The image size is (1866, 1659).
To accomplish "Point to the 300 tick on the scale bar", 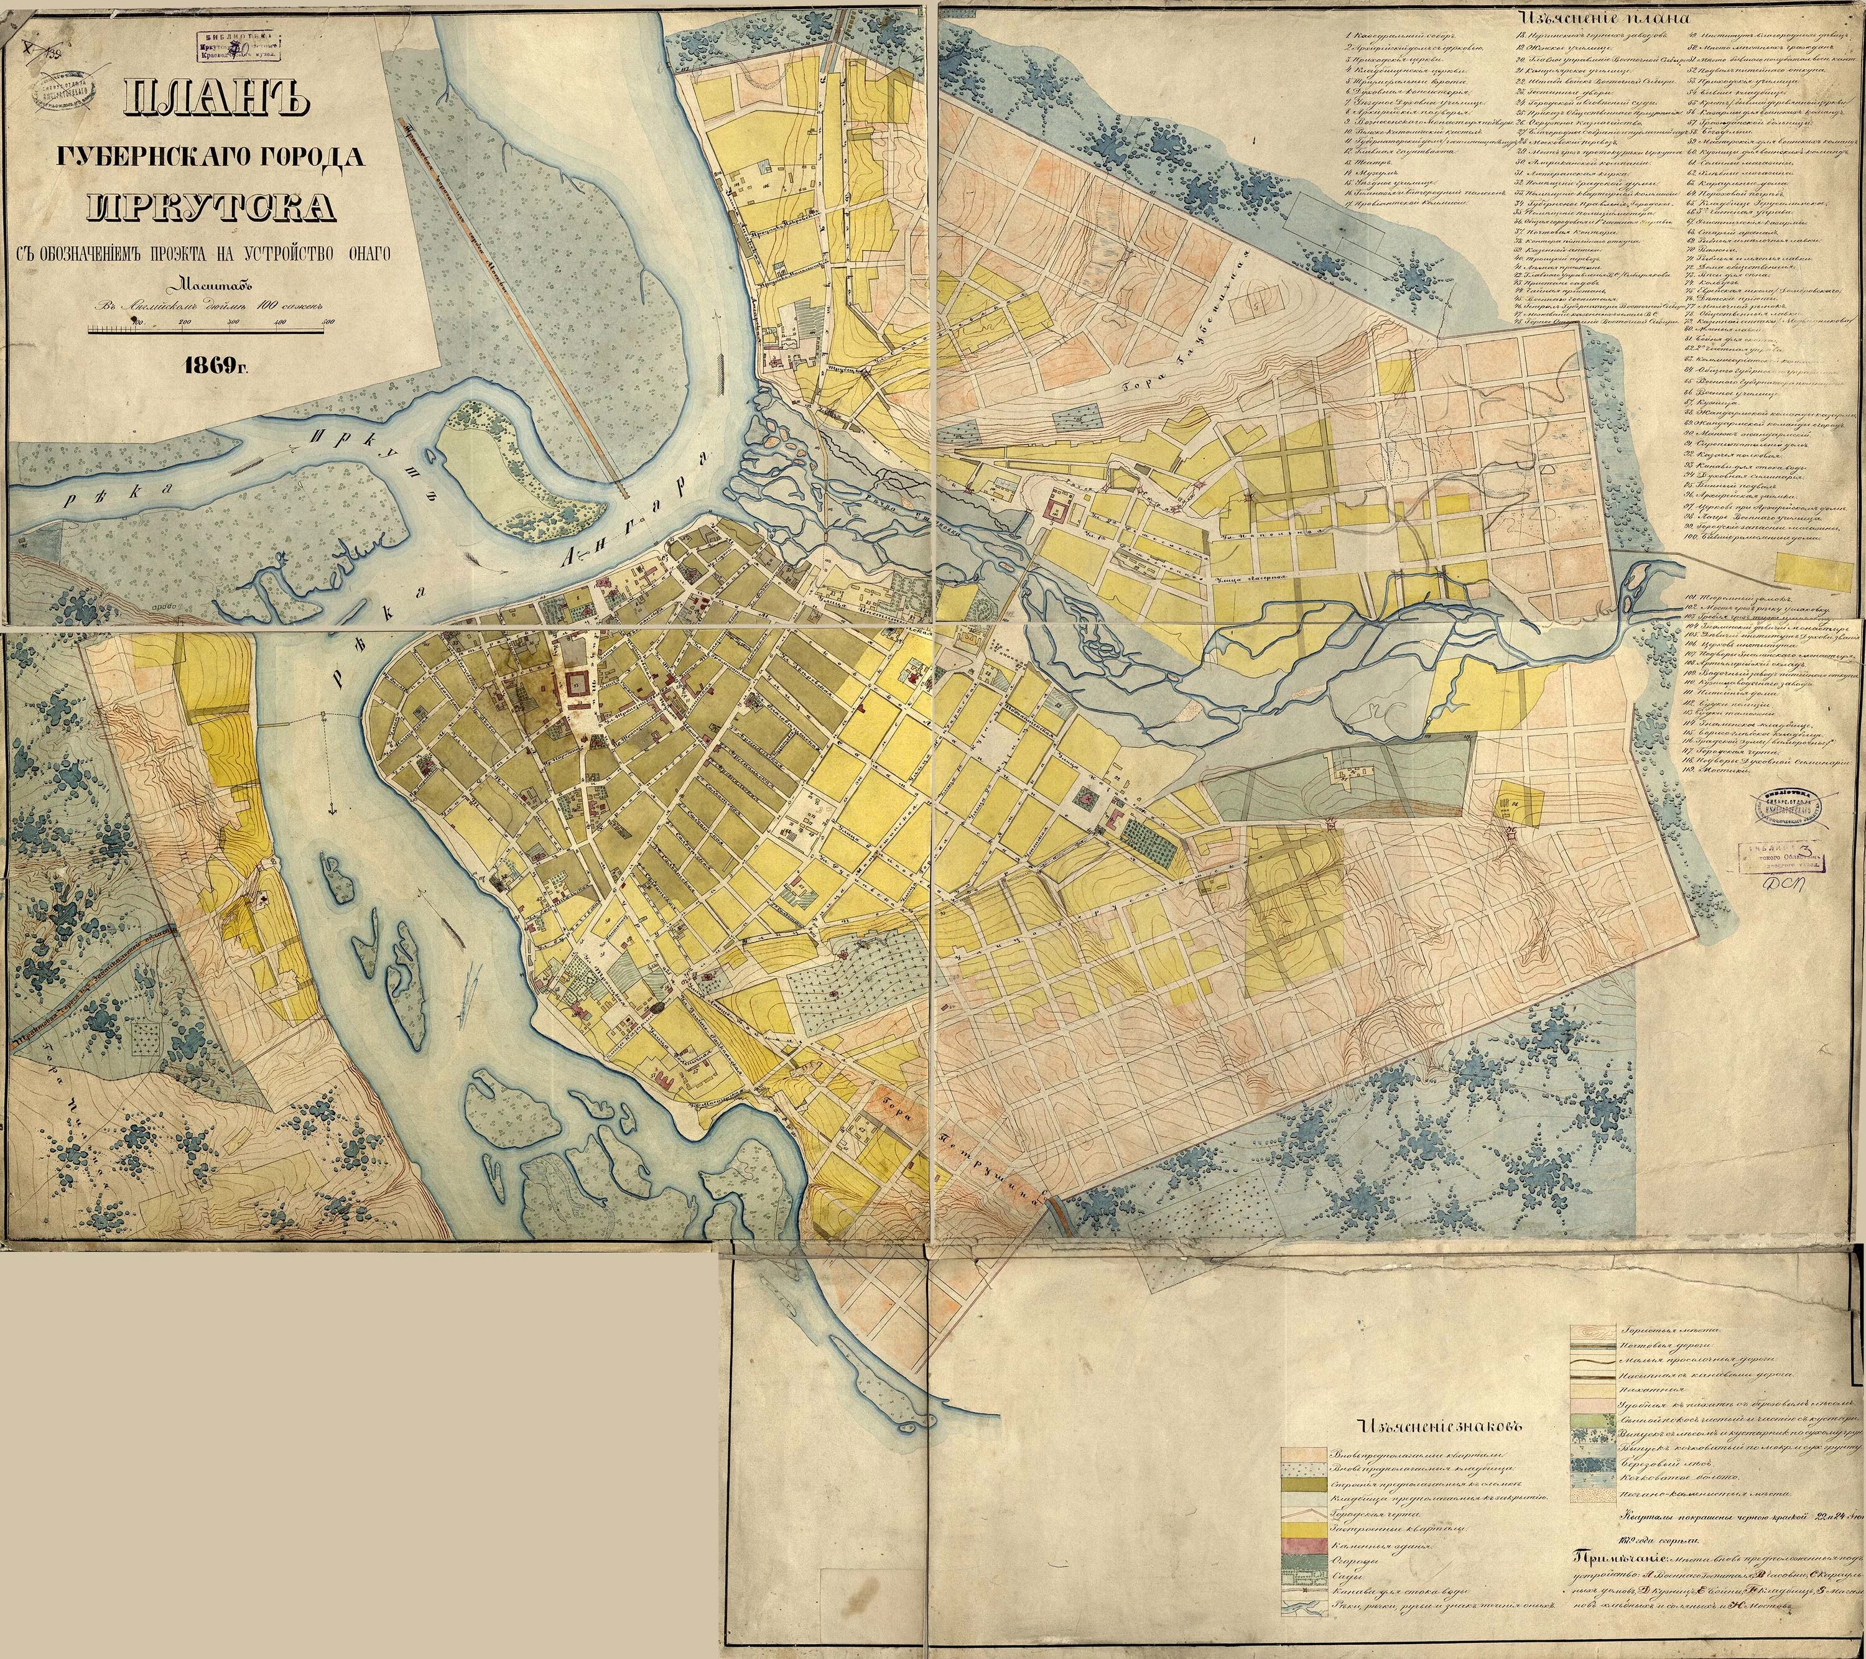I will [233, 322].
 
